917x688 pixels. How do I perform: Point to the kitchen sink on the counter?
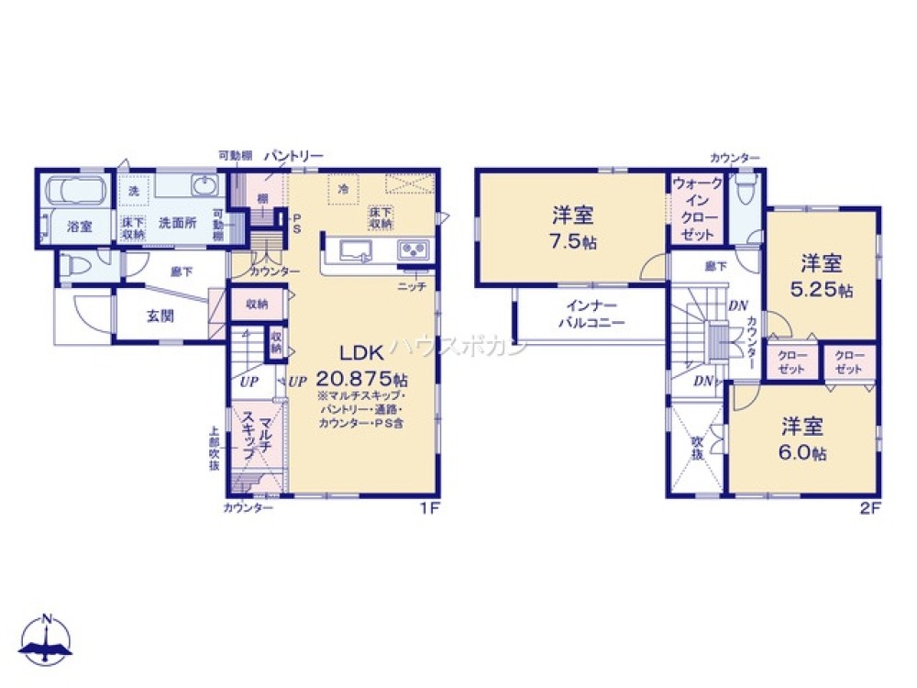(353, 250)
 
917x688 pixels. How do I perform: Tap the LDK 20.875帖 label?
(362, 365)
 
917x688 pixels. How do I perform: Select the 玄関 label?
(161, 316)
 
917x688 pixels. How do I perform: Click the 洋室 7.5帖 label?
(572, 227)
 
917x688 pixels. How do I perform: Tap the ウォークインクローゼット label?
(698, 208)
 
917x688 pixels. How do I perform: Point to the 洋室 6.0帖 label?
(804, 439)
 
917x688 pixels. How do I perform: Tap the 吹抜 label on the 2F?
(697, 449)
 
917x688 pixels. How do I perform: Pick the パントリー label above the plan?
(294, 157)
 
